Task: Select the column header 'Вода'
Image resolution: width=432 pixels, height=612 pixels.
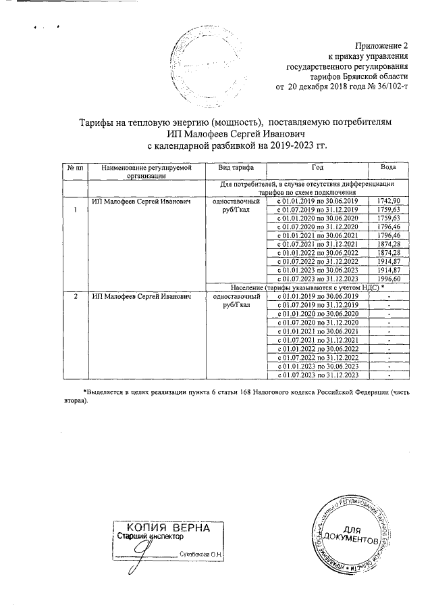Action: [389, 167]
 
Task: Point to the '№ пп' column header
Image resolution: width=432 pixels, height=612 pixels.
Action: [75, 167]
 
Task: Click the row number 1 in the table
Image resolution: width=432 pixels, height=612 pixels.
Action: [76, 210]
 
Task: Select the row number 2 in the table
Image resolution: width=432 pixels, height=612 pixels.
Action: [76, 297]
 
